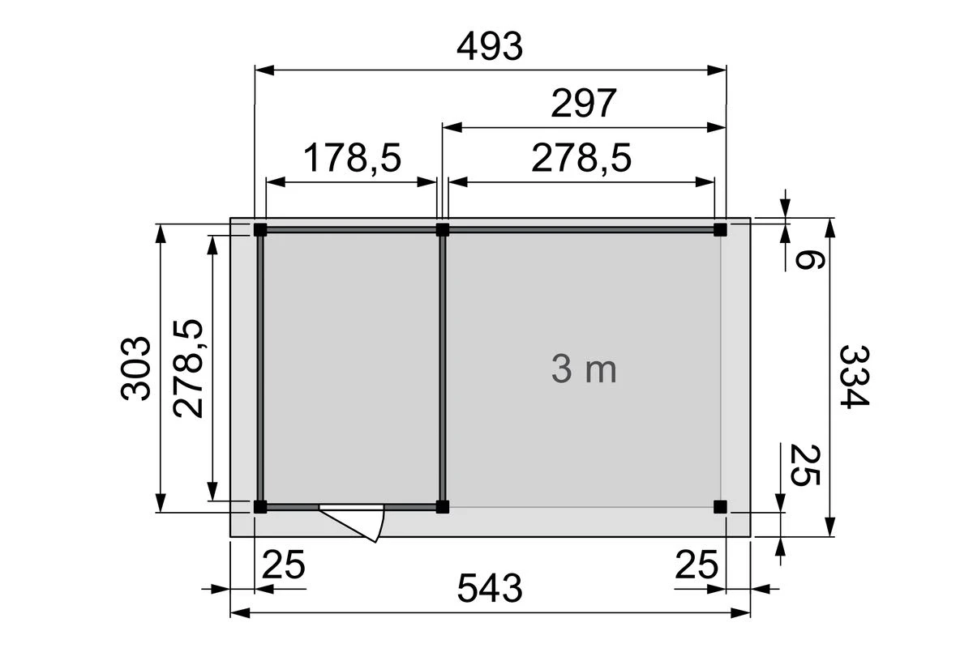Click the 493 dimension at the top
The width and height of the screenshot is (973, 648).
point(490,48)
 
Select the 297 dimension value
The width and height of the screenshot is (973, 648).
point(584,104)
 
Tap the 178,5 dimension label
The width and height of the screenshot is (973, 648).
point(352,159)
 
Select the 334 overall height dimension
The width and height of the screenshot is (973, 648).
point(854,377)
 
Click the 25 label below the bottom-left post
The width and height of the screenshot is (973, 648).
point(283,564)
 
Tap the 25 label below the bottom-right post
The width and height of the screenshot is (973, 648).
point(697,564)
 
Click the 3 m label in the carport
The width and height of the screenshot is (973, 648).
point(584,370)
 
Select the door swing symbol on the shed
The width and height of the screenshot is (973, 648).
point(357,521)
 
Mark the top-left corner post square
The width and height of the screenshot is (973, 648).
point(259,229)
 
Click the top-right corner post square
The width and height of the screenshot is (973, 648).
point(720,229)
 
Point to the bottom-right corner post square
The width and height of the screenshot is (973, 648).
point(720,507)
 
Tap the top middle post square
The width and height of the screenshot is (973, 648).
point(443,229)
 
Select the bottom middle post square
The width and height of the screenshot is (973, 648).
point(443,507)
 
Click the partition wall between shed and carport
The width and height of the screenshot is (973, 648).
point(443,369)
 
